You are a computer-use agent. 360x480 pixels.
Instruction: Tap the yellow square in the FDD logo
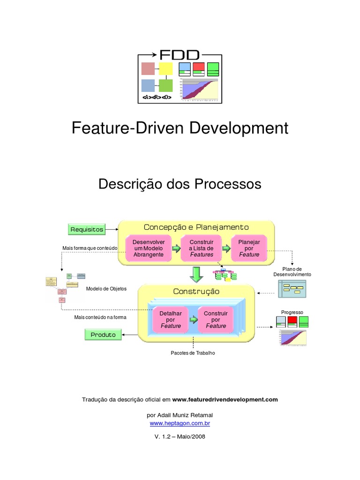click(x=165, y=69)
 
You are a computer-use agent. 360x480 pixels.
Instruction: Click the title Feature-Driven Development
click(x=180, y=128)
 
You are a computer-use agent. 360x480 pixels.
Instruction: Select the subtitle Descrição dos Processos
click(x=180, y=184)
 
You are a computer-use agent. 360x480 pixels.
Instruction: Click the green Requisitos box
click(x=87, y=229)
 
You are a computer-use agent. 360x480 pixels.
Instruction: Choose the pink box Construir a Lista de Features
click(x=201, y=248)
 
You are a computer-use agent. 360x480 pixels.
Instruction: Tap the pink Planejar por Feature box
click(x=249, y=248)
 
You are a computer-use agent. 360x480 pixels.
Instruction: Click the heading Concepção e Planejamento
click(x=196, y=227)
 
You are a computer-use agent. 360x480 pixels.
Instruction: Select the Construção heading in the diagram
click(x=196, y=292)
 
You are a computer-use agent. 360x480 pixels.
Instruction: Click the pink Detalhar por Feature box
click(x=171, y=319)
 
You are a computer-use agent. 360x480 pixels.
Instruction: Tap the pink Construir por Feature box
click(x=216, y=319)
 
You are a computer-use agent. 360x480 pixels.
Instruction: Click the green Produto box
click(x=103, y=335)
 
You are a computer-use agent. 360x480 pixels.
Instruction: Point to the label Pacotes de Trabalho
click(x=193, y=352)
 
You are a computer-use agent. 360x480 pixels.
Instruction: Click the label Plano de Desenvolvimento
click(x=292, y=271)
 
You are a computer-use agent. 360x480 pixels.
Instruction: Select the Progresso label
click(x=292, y=312)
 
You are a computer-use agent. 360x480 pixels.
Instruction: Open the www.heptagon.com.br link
click(x=180, y=423)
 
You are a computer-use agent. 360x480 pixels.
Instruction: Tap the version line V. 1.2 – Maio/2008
click(x=180, y=436)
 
